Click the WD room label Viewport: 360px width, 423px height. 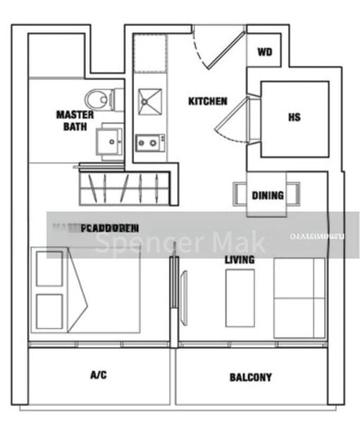265,52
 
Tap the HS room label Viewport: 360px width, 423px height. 294,117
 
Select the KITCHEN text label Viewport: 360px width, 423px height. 207,102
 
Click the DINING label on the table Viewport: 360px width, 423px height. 267,195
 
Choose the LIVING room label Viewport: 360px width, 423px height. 240,261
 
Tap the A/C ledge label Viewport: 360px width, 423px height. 98,375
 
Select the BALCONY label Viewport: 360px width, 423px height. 250,377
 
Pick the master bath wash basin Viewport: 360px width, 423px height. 111,140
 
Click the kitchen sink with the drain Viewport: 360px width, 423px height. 149,102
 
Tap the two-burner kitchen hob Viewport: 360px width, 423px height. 147,142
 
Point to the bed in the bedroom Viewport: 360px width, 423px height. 85,289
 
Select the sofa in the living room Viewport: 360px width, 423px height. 299,298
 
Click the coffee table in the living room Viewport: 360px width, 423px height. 239,298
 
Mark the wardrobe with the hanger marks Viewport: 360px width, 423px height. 125,186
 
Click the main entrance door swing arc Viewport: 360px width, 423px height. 218,49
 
